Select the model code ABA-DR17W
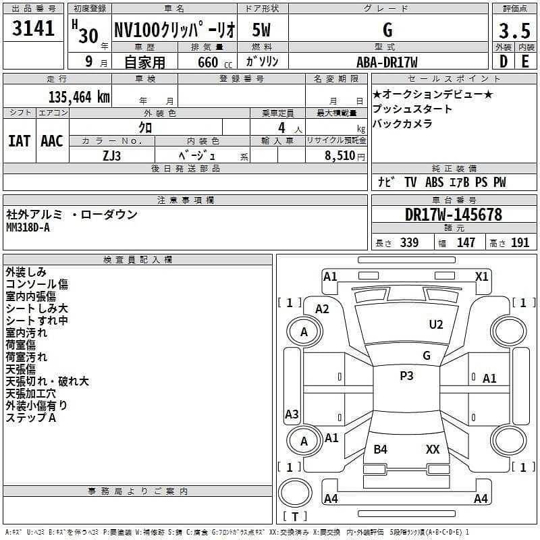pos(387,62)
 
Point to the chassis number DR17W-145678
pos(454,215)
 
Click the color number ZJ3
pos(112,155)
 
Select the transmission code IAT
pos(19,141)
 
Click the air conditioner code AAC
pos(52,141)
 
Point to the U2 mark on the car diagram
pos(436,325)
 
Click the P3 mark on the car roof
pos(406,376)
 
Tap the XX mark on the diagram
pos(433,449)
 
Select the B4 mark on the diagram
pos(381,449)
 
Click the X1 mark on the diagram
pos(482,276)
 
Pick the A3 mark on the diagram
pos(292,414)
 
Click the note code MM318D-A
pos(28,227)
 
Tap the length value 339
pos(409,243)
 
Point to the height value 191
pos(520,243)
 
